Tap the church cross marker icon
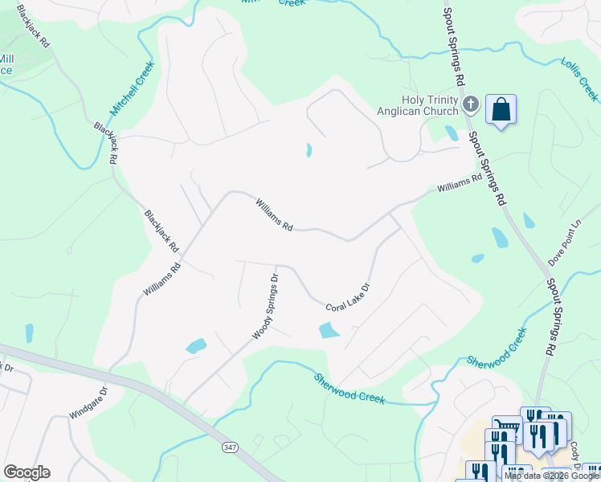[x=471, y=104]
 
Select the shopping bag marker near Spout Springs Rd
[x=501, y=110]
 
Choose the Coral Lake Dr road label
[x=347, y=297]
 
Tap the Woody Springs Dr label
[x=265, y=305]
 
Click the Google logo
[x=27, y=472]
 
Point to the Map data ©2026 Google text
[x=550, y=476]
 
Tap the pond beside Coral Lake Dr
[x=329, y=330]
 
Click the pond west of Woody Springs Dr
[x=196, y=346]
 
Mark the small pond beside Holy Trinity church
[x=452, y=133]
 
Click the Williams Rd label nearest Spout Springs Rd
[x=459, y=184]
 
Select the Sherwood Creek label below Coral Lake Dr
[x=350, y=388]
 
